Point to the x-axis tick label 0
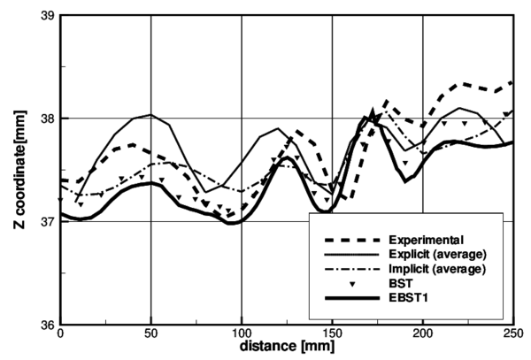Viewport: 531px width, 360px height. pyautogui.click(x=60, y=336)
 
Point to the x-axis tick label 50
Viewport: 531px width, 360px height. pyautogui.click(x=150, y=336)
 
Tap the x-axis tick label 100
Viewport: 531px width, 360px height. pyautogui.click(x=241, y=336)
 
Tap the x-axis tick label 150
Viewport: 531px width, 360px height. pyautogui.click(x=331, y=336)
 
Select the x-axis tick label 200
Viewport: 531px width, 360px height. pyautogui.click(x=422, y=336)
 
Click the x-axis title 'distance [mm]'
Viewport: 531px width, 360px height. pyautogui.click(x=285, y=350)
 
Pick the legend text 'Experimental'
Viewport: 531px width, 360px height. pyautogui.click(x=426, y=239)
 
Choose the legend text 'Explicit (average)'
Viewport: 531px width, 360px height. pyautogui.click(x=438, y=254)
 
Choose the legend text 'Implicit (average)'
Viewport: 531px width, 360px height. pyautogui.click(x=437, y=268)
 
